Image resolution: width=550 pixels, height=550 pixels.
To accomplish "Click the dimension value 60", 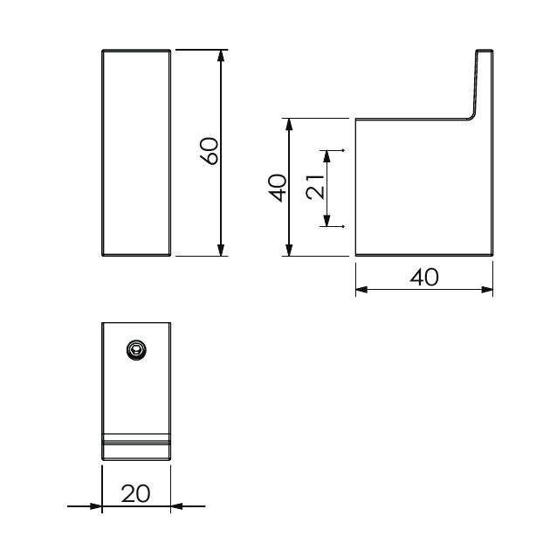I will coord(208,151).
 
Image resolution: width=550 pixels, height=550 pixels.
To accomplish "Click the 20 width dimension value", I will coord(135,493).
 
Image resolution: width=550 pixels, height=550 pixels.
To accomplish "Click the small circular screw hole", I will coord(135,350).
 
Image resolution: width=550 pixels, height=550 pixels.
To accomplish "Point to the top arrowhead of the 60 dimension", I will coord(222,55).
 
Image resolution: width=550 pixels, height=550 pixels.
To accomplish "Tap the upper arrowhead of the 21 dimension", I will coord(327,156).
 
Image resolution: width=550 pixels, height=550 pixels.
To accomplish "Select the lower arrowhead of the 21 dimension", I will coord(327,221).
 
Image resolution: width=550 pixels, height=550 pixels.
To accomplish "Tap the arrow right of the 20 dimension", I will coord(177,505).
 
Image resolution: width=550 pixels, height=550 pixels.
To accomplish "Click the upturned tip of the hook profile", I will coord(485,53).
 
